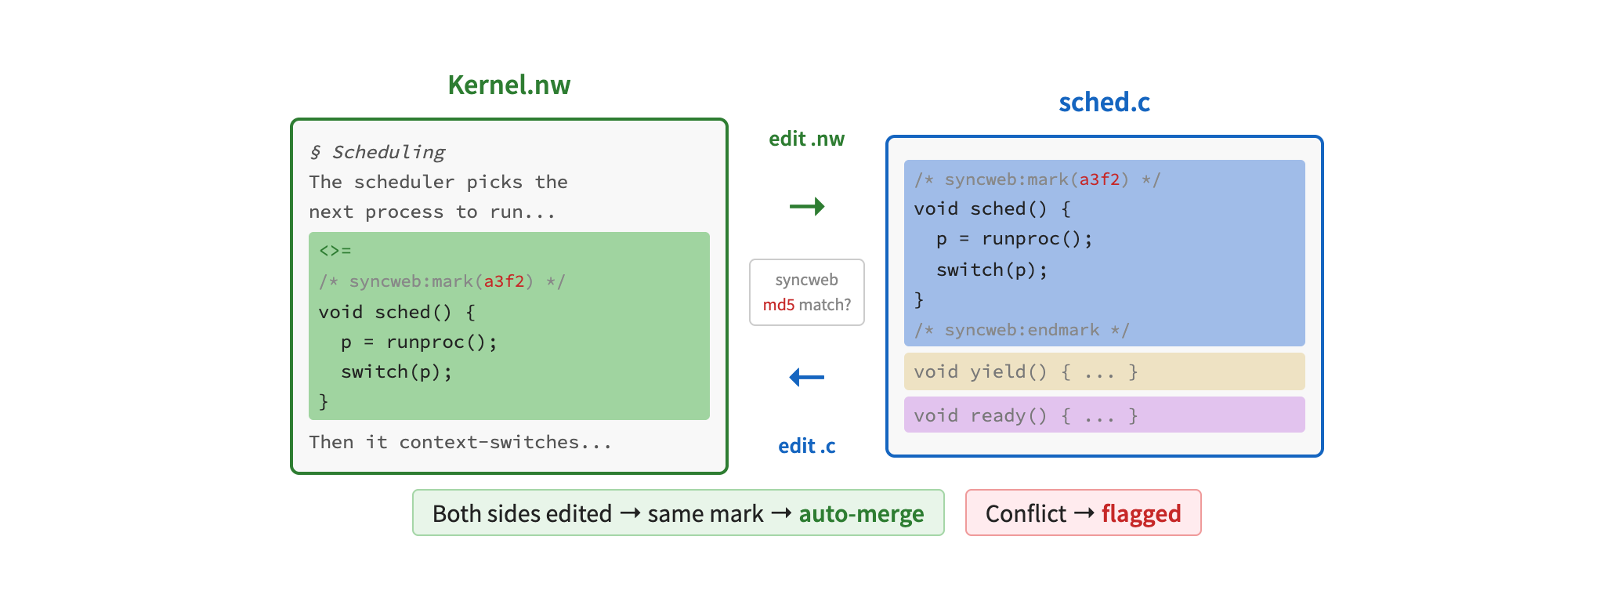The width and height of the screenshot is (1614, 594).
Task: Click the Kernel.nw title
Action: click(508, 85)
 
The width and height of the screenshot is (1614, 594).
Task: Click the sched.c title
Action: click(1104, 102)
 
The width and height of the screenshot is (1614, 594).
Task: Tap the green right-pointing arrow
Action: click(807, 206)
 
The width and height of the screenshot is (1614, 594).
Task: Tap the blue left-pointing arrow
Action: click(806, 377)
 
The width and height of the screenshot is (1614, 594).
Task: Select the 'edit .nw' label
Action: click(806, 139)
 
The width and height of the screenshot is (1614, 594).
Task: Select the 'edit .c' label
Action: click(806, 446)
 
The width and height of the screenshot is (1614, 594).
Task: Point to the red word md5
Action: click(779, 305)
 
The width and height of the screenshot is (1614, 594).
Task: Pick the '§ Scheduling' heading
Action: click(377, 152)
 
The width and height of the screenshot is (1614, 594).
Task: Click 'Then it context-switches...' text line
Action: click(460, 442)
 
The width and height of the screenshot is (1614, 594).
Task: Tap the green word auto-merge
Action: click(861, 513)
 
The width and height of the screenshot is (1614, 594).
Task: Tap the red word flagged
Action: click(1141, 513)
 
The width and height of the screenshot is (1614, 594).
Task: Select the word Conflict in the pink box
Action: click(1026, 513)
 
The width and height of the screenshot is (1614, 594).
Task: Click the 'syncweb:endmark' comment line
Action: click(1021, 330)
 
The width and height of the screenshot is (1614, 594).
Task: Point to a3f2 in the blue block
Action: click(1099, 179)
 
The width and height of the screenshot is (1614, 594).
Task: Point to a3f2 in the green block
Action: click(504, 281)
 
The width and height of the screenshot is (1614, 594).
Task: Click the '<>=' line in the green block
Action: click(335, 251)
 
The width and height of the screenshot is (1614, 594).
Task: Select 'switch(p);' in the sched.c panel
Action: click(991, 270)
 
